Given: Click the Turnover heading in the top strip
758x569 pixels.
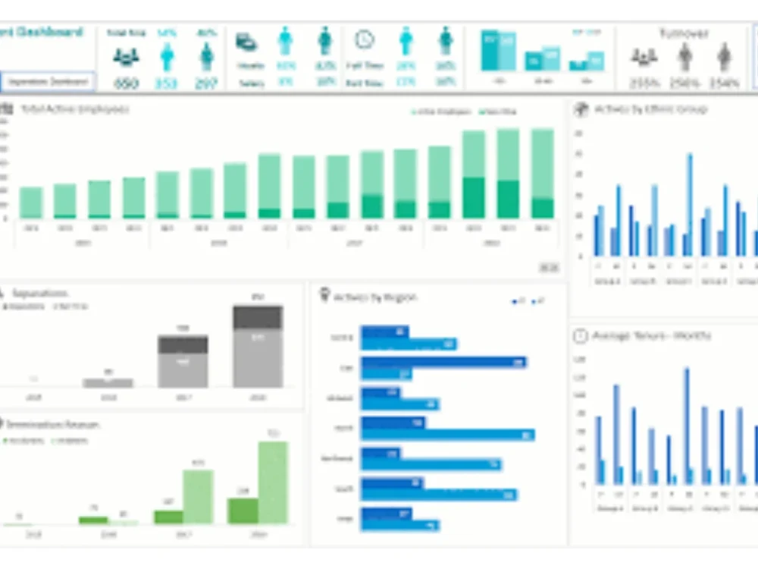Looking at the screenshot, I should (x=683, y=33).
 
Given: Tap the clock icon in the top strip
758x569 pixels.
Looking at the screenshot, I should (x=365, y=39).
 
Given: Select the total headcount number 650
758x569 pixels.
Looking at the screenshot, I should (x=126, y=83).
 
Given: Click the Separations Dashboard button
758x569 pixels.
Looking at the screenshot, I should (x=48, y=81).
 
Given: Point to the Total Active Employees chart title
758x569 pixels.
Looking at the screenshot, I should (x=74, y=109).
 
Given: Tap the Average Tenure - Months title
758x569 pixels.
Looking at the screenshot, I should (x=651, y=335).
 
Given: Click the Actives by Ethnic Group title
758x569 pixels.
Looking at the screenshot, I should (x=650, y=109).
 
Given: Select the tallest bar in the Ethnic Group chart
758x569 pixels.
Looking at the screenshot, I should (x=690, y=205).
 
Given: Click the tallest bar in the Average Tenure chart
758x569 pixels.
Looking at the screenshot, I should (x=687, y=426).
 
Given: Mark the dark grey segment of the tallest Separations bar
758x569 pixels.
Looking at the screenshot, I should (x=258, y=317).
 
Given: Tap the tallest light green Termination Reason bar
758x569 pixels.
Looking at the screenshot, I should (x=273, y=482).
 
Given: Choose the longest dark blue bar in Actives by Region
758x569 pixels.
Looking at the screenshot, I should (x=443, y=363).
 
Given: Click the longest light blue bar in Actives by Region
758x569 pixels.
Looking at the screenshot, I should (x=447, y=435).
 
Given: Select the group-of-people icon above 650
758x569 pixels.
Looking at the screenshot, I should (x=126, y=56).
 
